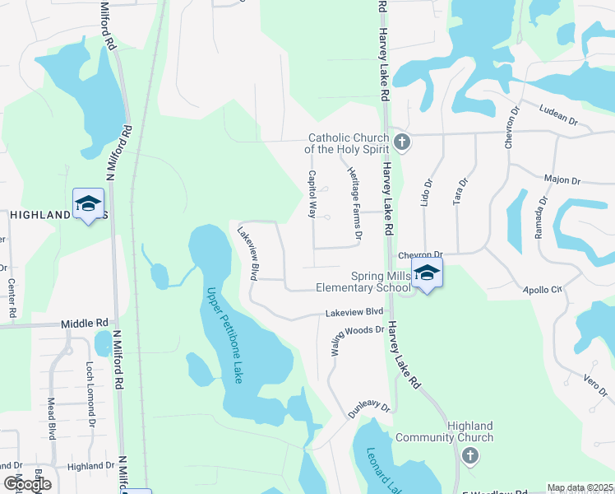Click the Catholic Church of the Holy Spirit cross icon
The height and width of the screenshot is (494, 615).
401,142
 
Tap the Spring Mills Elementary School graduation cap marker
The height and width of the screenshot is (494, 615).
427,273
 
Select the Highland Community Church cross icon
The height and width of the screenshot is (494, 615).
469,456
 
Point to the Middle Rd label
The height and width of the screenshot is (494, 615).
85,324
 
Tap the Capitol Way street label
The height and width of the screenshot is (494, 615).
312,193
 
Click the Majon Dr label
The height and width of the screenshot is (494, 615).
562,179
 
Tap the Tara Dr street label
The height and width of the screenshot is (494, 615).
462,193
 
